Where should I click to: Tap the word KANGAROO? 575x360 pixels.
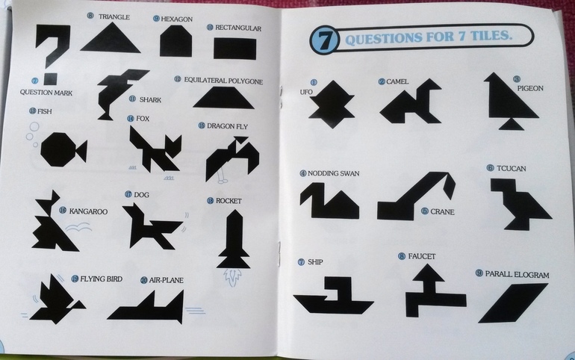click(88, 211)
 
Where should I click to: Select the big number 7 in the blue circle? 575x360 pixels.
click(324, 40)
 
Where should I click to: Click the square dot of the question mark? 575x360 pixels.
click(50, 79)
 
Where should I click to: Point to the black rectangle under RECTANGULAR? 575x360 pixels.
click(234, 49)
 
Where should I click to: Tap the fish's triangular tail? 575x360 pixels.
click(81, 150)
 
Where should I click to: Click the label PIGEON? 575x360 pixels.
click(530, 88)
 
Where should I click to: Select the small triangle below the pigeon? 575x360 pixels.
click(511, 125)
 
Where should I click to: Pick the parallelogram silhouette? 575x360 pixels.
click(513, 302)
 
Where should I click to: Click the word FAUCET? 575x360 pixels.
click(422, 257)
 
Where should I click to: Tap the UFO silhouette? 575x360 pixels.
click(332, 105)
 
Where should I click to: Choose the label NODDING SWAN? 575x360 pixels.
click(333, 173)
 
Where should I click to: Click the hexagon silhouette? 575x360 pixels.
click(176, 41)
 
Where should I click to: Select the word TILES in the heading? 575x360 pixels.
click(490, 36)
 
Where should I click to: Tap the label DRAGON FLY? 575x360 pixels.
click(227, 126)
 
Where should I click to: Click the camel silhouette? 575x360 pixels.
click(411, 102)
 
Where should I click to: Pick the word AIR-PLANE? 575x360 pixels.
click(166, 280)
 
